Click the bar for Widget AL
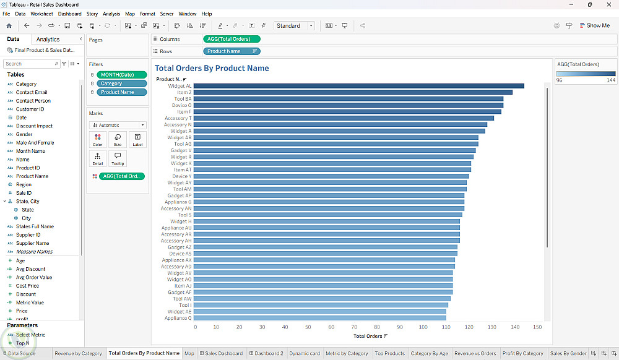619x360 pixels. click(x=359, y=86)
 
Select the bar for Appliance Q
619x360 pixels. click(x=320, y=318)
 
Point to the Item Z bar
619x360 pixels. click(x=353, y=92)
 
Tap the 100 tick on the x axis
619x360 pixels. click(x=423, y=327)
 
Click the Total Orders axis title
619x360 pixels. click(x=368, y=336)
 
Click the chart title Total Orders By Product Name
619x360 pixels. click(x=212, y=68)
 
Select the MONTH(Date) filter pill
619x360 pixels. click(x=121, y=74)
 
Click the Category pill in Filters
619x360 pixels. click(x=121, y=84)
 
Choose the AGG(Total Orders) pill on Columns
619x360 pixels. click(x=232, y=39)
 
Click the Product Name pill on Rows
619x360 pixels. click(x=232, y=51)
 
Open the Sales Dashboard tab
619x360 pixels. click(x=221, y=353)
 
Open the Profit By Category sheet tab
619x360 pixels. click(x=522, y=353)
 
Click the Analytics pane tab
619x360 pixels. click(x=48, y=40)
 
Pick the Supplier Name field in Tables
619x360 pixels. click(x=32, y=243)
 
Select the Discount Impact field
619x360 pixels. click(x=34, y=126)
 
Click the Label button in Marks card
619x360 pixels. click(x=137, y=140)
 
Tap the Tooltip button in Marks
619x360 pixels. click(x=118, y=158)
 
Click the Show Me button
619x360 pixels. click(x=594, y=25)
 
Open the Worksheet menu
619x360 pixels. click(x=41, y=14)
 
